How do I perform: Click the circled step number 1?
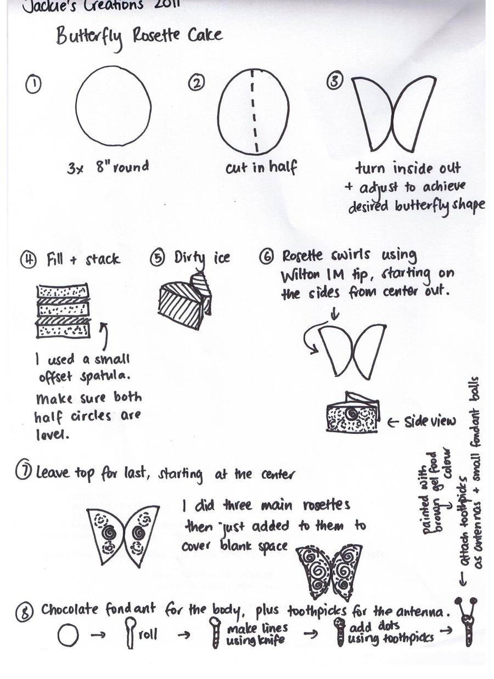[33, 84]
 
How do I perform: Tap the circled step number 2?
[197, 83]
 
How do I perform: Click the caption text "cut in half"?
[261, 167]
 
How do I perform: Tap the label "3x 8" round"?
[108, 167]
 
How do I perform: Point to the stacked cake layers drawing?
[64, 310]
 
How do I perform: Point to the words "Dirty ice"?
[202, 258]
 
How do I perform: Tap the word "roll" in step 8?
[148, 634]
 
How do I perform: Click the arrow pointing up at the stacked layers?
[105, 336]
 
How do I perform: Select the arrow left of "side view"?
[393, 423]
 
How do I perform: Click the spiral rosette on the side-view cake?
[352, 413]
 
